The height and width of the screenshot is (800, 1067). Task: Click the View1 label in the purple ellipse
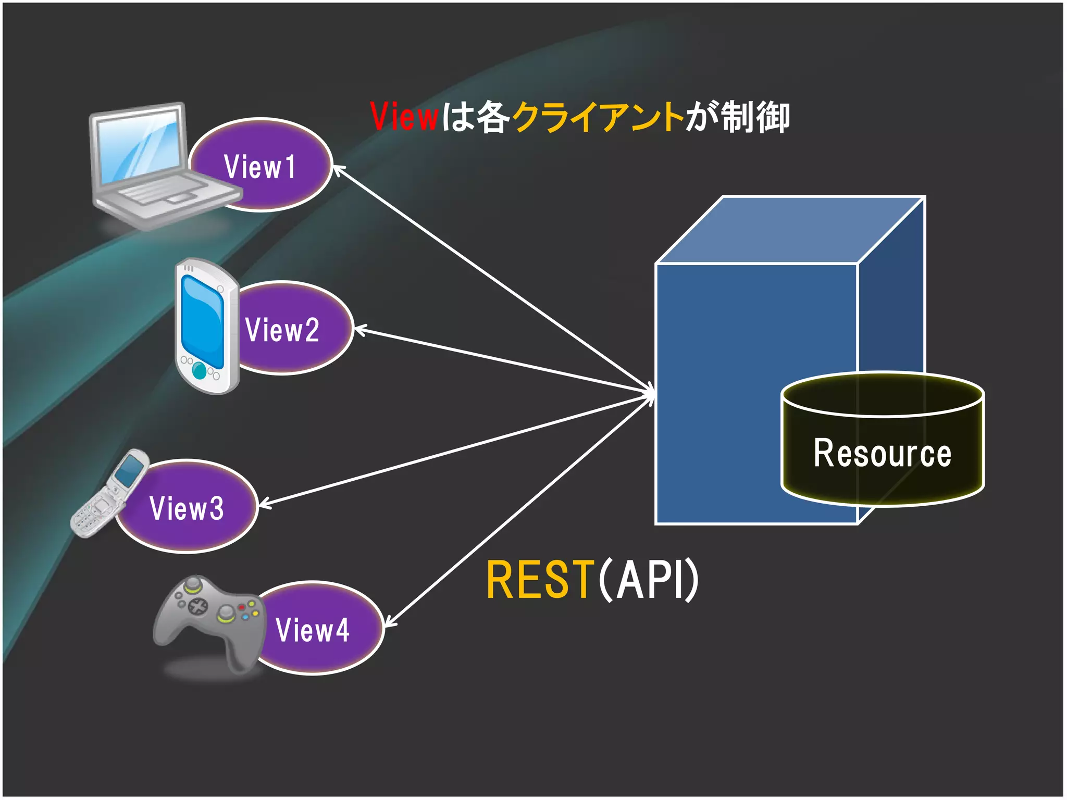tap(259, 167)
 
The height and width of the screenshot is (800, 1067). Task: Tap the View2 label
tap(282, 330)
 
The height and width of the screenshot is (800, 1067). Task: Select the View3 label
tap(187, 508)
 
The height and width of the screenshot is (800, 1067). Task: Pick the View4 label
tap(312, 630)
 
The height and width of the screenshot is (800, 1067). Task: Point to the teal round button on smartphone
tap(199, 370)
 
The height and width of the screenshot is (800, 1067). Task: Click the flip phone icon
tap(109, 495)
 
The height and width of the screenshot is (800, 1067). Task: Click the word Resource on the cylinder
tap(883, 453)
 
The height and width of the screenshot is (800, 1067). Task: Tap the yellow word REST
tap(540, 579)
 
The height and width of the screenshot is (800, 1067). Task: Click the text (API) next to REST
tap(649, 579)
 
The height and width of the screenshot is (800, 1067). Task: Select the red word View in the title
tap(404, 117)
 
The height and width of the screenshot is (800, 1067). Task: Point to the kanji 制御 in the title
tap(755, 117)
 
